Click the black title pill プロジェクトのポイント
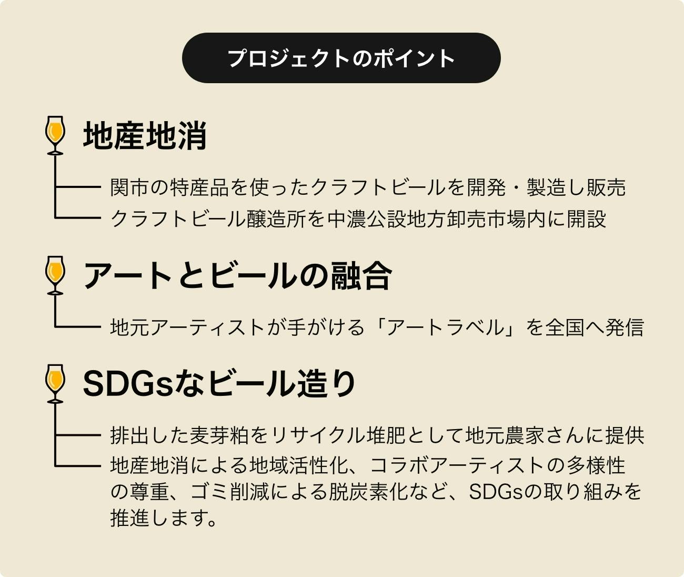341,58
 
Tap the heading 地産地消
145,136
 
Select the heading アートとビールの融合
237,275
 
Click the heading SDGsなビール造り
220,384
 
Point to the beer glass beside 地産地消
55,135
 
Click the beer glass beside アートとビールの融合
55,274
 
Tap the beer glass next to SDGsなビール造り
55,383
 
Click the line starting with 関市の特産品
368,187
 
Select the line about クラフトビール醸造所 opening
358,218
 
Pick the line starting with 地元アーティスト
377,327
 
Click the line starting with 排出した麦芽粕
377,435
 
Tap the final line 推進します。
164,519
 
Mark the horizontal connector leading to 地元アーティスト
78,327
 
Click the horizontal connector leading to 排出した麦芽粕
78,435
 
